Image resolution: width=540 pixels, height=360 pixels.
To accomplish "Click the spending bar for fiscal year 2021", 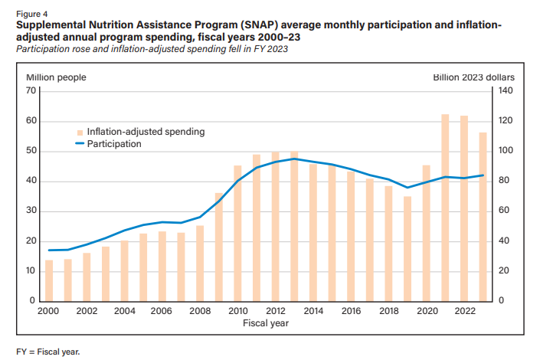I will click(444, 208).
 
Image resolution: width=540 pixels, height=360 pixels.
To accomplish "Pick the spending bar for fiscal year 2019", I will click(407, 248).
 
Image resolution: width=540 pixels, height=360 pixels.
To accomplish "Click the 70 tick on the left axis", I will click(31, 90).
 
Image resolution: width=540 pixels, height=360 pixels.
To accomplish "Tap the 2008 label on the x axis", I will click(199, 311).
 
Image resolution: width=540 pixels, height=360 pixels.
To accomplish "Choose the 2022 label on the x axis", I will click(463, 311).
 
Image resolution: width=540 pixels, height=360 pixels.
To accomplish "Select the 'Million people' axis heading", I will click(56, 77).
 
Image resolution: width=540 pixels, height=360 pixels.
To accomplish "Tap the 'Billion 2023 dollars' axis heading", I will click(473, 77).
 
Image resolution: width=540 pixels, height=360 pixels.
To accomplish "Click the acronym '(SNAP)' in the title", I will click(253, 25).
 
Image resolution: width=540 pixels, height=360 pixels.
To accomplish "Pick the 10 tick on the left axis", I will click(31, 271).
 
